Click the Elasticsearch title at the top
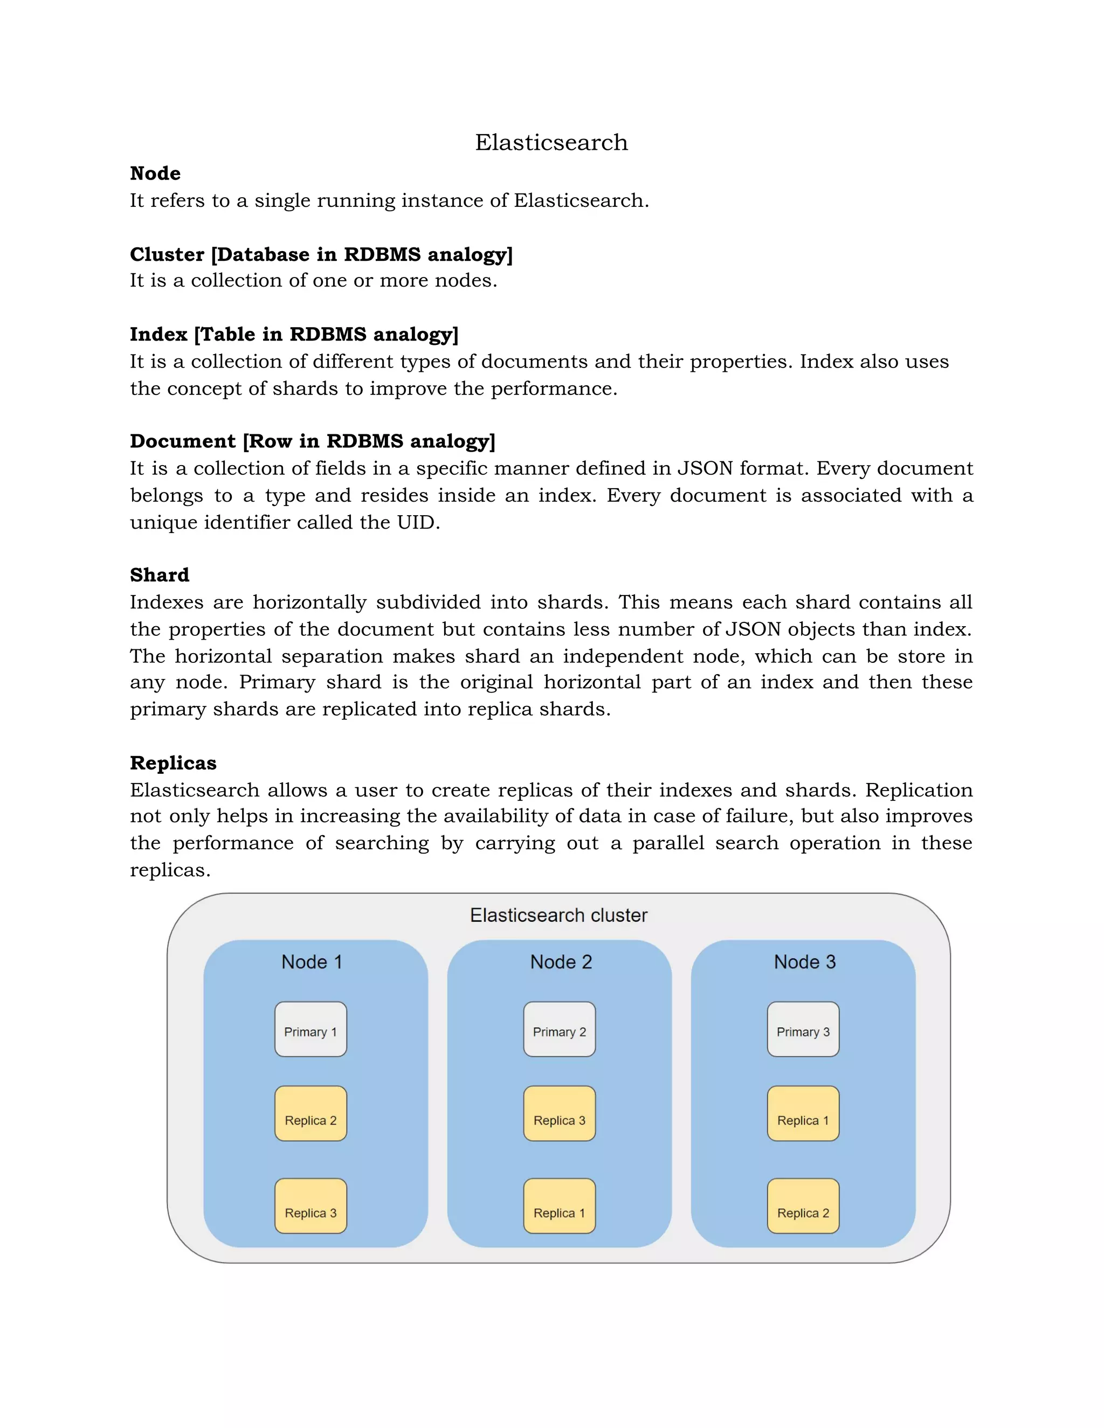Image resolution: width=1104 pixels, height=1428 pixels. (x=551, y=143)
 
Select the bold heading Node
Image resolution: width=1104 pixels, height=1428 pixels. (x=155, y=174)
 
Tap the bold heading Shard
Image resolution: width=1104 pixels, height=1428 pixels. (x=160, y=575)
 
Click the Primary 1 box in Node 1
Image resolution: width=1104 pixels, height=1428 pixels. (x=310, y=1029)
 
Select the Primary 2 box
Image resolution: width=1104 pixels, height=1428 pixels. (x=559, y=1029)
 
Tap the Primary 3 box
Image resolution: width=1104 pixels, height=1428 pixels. (x=803, y=1029)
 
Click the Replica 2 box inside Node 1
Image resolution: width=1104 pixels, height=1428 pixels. (x=310, y=1113)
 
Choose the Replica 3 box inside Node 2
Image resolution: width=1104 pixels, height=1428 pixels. (x=559, y=1113)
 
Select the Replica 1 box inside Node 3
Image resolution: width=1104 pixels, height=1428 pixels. (x=803, y=1113)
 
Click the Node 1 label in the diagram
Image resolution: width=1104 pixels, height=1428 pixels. (x=312, y=962)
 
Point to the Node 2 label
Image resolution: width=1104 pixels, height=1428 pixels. (x=561, y=962)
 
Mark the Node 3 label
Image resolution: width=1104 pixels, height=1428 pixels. (x=804, y=962)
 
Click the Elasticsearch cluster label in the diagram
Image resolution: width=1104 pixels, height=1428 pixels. (x=558, y=915)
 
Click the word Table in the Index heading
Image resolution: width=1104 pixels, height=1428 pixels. (x=227, y=334)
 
